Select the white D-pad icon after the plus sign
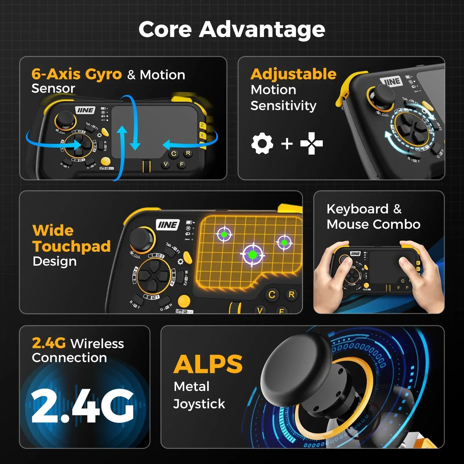tap(311, 143)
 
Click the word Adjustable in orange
tap(293, 74)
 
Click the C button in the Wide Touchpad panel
tap(272, 295)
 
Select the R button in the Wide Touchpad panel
tap(291, 295)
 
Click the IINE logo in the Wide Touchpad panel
tap(168, 225)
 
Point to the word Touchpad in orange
tap(72, 246)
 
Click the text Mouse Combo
tap(373, 224)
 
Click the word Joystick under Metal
tap(199, 404)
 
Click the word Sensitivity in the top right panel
tap(283, 106)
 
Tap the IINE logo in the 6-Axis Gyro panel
tap(85, 110)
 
